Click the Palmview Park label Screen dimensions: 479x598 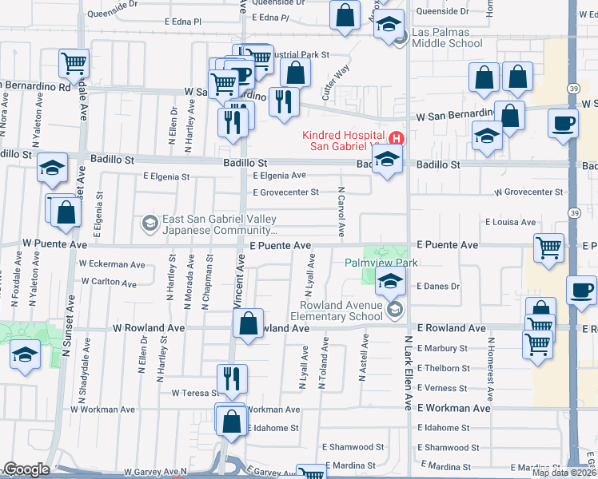tap(381, 263)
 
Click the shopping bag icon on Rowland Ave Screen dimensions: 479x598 tap(248, 324)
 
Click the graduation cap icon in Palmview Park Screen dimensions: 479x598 tap(390, 281)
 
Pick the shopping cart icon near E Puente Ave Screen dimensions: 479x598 tap(548, 248)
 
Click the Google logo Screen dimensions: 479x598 tap(26, 469)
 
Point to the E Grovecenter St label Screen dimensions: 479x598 tap(285, 192)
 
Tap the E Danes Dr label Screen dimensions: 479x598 tap(440, 286)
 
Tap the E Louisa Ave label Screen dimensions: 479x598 tap(510, 223)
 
